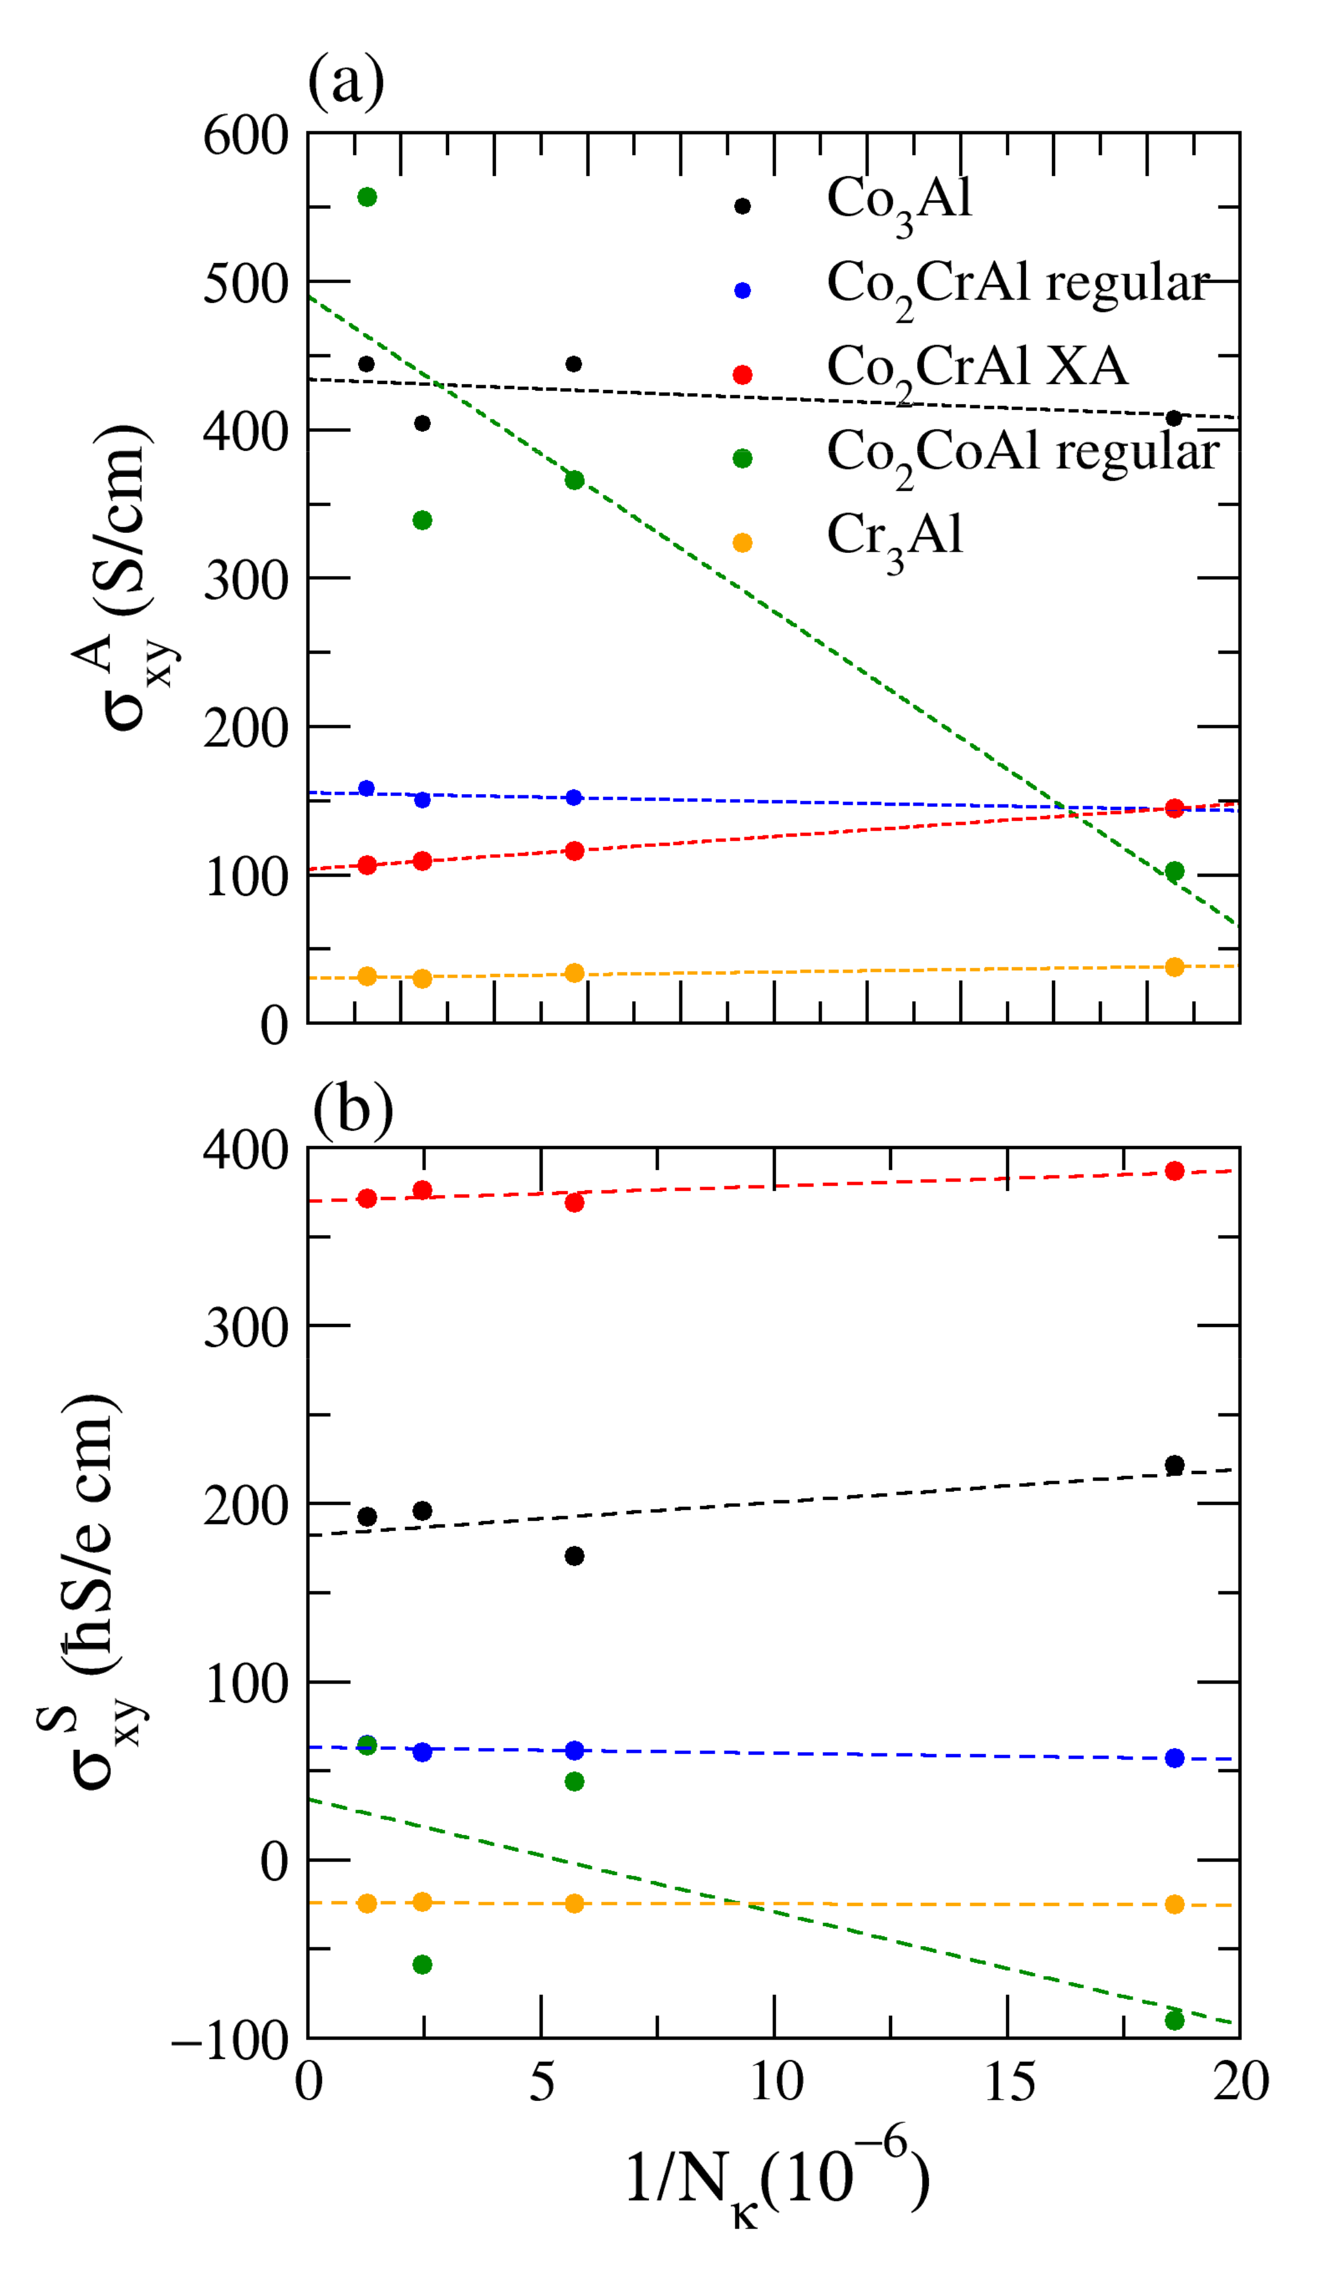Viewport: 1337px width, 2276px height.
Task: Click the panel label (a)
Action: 346,81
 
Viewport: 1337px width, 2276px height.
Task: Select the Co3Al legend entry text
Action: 899,201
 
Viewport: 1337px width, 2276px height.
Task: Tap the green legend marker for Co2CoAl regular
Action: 743,459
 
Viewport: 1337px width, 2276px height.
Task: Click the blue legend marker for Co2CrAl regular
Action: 743,290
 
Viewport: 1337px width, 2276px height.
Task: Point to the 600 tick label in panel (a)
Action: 246,137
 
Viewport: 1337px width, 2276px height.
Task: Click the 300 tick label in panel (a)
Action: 246,581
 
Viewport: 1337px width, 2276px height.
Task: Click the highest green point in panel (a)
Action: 367,197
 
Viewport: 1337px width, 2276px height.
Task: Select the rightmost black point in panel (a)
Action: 1174,418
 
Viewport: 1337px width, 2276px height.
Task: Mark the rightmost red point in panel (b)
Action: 1174,1171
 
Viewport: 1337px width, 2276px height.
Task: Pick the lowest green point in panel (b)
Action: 1174,2020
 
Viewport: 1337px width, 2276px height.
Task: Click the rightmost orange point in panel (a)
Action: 1174,967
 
